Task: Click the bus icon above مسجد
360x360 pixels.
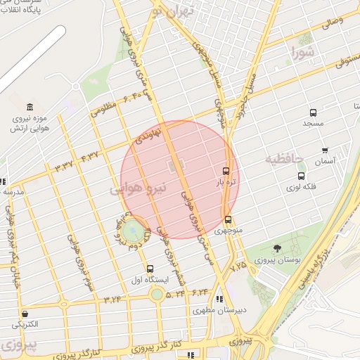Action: click(313, 112)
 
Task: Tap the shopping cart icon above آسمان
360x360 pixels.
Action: click(325, 150)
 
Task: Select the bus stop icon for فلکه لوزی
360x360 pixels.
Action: click(302, 176)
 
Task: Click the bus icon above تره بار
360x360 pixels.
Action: click(226, 171)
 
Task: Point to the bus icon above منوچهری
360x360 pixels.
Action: click(227, 219)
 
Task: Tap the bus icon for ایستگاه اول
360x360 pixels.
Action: click(150, 269)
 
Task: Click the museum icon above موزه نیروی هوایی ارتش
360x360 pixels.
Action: click(29, 107)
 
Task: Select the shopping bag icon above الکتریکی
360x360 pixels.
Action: click(25, 314)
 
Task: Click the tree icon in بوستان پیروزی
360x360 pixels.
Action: click(277, 248)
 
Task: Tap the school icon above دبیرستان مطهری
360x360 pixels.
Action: click(219, 298)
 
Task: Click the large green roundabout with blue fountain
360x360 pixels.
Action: click(132, 230)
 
